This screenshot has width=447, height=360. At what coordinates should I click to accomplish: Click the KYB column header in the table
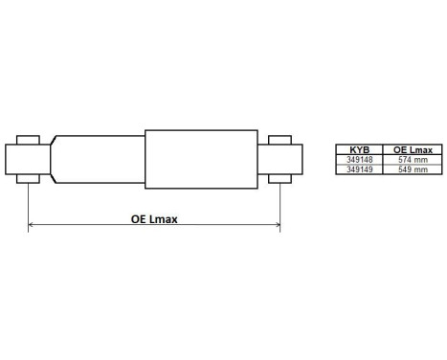coord(358,150)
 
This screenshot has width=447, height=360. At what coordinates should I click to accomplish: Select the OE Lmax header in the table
coord(412,150)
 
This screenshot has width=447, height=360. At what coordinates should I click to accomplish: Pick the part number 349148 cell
coord(358,160)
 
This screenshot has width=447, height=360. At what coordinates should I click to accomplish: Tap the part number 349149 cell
coord(358,169)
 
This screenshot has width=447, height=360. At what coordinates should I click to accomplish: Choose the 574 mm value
coord(412,160)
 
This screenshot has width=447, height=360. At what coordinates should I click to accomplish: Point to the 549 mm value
coord(412,169)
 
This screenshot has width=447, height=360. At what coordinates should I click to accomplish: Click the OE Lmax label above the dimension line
coord(154,218)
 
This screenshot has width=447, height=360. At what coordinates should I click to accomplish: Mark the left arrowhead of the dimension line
coord(33,226)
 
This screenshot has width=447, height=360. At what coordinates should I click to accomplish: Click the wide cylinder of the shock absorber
coord(201,159)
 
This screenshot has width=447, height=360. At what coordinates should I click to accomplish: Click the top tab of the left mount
coord(29,140)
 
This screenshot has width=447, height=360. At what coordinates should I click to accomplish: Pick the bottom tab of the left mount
coord(29,179)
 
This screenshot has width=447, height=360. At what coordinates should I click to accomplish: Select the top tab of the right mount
coord(280,140)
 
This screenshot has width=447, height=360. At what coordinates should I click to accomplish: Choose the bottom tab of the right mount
coord(280,179)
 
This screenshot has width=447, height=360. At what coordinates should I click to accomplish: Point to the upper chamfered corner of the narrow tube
coord(55,140)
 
